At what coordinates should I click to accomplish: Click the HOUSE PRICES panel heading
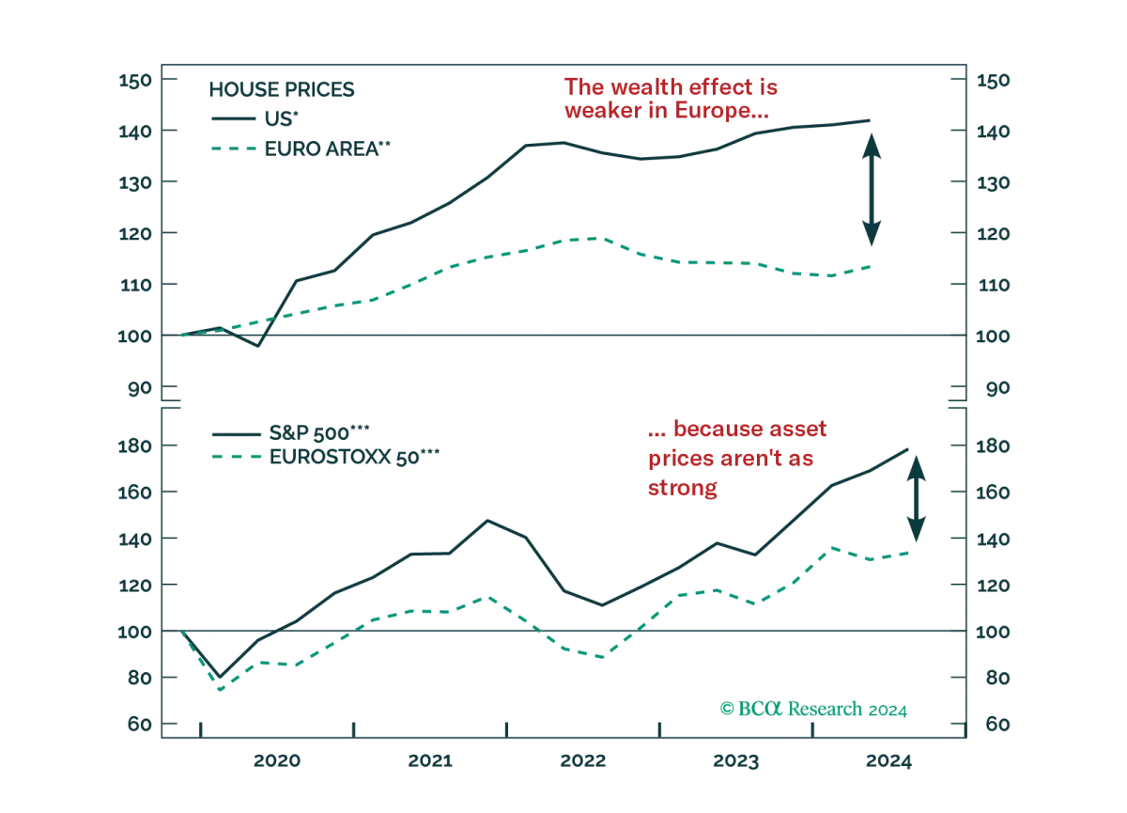coord(281,89)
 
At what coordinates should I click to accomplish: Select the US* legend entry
coord(255,118)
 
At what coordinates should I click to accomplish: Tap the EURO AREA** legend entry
coord(301,149)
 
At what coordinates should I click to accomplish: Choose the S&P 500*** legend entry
coord(291,433)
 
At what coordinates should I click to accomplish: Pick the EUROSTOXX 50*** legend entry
coord(326,457)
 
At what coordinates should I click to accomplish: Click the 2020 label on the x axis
coord(277,760)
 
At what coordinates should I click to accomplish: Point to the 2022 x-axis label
coord(583,760)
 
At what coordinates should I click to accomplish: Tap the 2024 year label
coord(888,760)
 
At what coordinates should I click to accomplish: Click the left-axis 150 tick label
coord(135,81)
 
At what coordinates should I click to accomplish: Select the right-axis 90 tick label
coord(996,388)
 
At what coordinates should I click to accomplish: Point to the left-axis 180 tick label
coord(135,446)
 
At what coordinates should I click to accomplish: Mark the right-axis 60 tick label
coord(997,724)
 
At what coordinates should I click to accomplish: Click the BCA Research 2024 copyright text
coord(813,709)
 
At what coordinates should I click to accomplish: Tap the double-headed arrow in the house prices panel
coord(872,190)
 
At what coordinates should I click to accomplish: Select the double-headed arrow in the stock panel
coord(917,499)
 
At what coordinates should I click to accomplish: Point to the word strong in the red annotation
coord(682,488)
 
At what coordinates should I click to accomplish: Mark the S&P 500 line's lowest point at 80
coord(220,677)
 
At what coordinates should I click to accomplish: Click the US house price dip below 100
coord(258,346)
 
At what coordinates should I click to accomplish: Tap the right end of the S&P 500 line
coord(907,449)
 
